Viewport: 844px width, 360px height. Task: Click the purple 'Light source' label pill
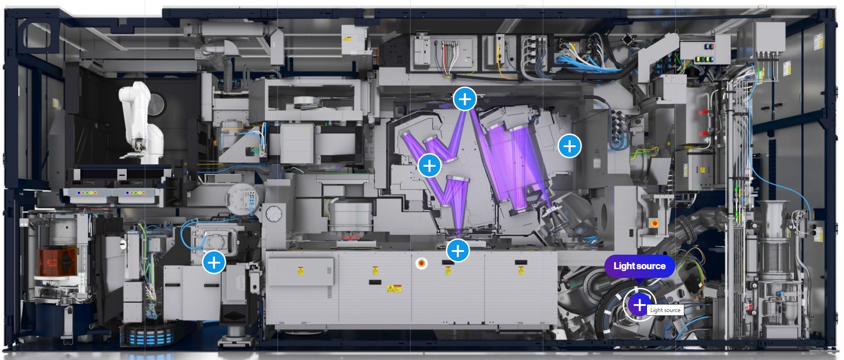pos(639,266)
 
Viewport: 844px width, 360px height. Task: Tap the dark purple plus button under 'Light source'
pos(639,305)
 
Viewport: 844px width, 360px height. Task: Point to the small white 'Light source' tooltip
pos(665,310)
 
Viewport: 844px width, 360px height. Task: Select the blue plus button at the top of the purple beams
pos(465,99)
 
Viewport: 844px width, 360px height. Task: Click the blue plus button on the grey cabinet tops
pos(458,251)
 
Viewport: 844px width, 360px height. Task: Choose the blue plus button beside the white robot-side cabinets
pos(214,262)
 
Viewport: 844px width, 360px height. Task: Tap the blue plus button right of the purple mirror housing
pos(569,146)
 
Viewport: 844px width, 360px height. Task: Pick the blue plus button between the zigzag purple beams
pos(429,165)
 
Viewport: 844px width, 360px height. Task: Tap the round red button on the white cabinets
pos(422,264)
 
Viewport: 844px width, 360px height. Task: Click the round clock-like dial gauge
pos(274,214)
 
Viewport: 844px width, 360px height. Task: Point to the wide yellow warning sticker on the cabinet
pos(394,289)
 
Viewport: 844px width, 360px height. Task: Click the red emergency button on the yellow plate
pos(654,223)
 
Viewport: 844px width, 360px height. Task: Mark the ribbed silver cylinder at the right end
pos(773,242)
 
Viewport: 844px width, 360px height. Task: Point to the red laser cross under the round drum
pos(351,236)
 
